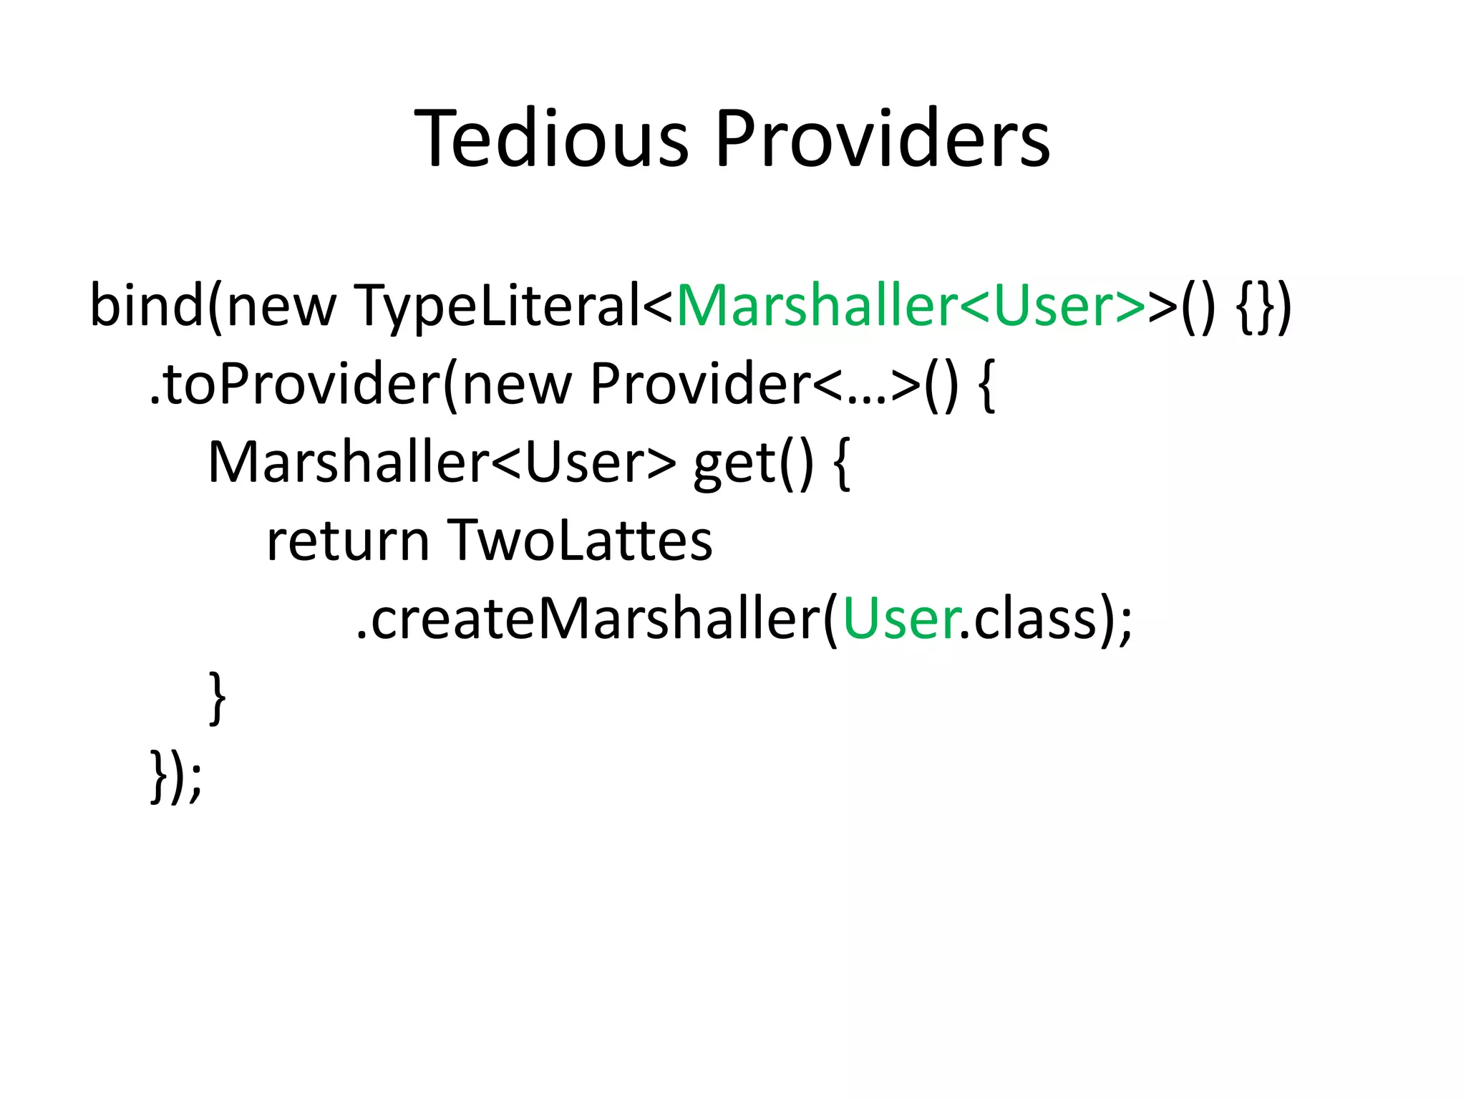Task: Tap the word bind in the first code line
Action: (147, 306)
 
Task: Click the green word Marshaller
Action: (817, 306)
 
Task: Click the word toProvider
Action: (301, 385)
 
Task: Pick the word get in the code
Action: (734, 465)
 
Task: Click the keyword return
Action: (348, 541)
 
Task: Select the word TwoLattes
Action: (580, 541)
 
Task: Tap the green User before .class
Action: (901, 619)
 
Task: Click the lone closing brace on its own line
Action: (218, 698)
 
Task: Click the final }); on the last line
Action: (176, 776)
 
